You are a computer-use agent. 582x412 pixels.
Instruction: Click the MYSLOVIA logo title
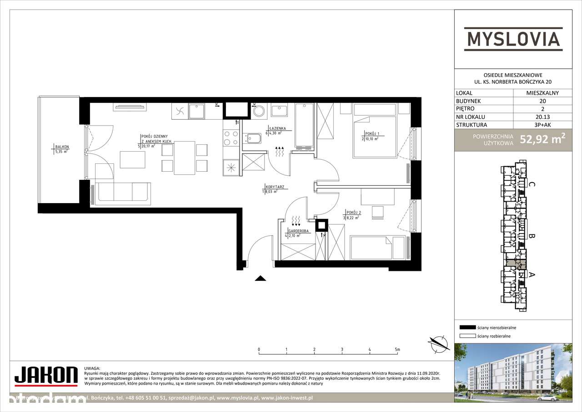point(513,38)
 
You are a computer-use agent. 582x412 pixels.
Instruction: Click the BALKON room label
point(61,147)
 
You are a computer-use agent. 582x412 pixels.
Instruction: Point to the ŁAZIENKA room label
point(277,129)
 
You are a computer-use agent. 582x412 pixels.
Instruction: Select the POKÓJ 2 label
point(352,213)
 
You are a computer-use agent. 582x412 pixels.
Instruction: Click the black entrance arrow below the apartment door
point(260,279)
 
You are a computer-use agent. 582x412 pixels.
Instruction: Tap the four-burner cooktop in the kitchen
point(231,138)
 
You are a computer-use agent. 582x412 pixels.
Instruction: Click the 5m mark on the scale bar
point(397,350)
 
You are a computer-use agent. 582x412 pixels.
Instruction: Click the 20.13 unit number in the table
point(542,117)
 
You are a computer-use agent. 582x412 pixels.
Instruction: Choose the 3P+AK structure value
point(542,125)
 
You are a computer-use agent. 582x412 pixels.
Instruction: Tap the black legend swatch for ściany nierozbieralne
point(467,327)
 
